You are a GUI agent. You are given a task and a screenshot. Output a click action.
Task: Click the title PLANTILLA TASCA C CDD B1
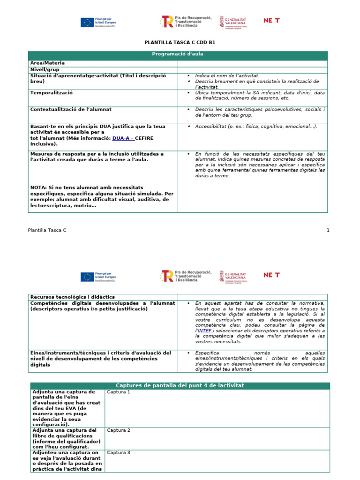click(x=180, y=43)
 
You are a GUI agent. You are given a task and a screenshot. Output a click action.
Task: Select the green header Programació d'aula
click(x=178, y=54)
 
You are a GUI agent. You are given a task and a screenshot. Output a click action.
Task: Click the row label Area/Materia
click(x=47, y=63)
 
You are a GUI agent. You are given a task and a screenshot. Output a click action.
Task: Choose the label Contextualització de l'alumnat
click(x=71, y=109)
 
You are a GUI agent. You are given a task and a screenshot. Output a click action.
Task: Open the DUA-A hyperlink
click(x=122, y=138)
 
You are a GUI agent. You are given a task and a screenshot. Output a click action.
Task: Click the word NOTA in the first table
click(x=38, y=187)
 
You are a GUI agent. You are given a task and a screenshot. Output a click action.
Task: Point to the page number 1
click(x=328, y=230)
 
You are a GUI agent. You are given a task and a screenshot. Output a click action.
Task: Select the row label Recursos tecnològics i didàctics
click(x=72, y=297)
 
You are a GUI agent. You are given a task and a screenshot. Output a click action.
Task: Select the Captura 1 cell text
click(x=118, y=392)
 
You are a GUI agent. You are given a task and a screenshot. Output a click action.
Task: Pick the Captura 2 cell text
click(x=118, y=430)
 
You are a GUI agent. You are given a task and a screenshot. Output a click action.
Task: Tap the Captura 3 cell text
click(x=118, y=453)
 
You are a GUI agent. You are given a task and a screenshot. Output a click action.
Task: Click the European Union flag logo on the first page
click(x=87, y=22)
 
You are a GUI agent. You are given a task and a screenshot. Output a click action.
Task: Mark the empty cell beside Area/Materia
click(x=252, y=63)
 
